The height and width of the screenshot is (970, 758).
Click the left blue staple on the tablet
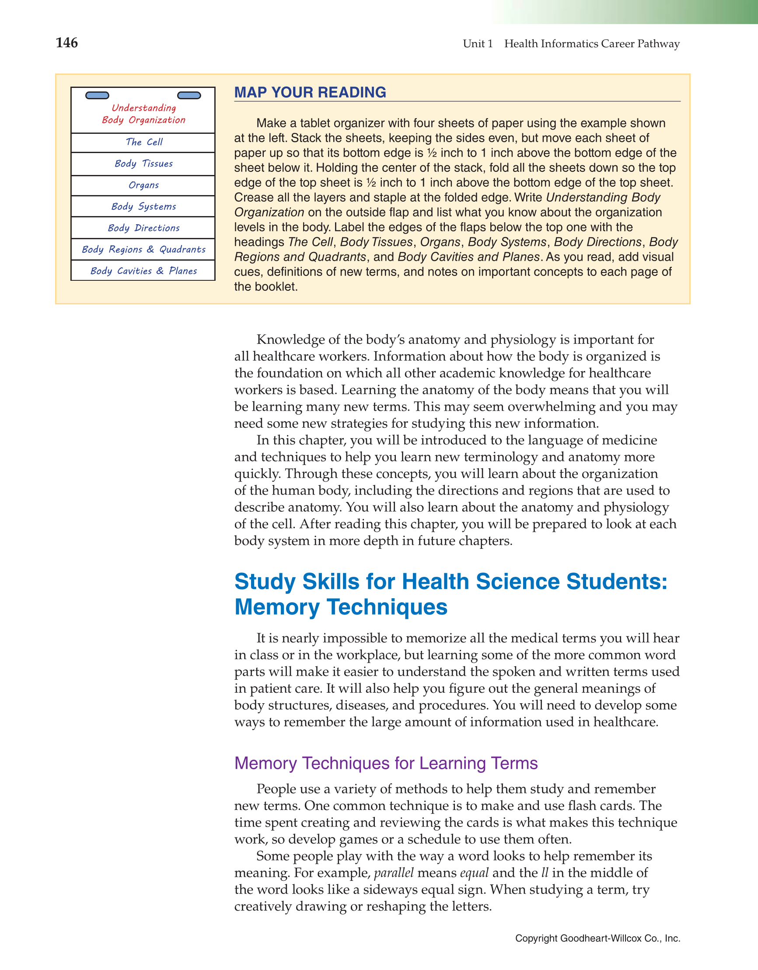coord(97,95)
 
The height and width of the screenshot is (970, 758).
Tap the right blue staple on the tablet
coord(189,95)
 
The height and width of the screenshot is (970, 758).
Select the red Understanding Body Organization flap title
coord(143,114)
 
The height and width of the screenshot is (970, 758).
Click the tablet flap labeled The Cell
coord(143,142)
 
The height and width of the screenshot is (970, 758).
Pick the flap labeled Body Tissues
coord(143,164)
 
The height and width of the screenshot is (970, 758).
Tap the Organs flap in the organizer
coord(143,185)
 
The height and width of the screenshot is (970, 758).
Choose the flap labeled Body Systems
coord(143,206)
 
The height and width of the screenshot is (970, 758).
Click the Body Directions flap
coord(143,228)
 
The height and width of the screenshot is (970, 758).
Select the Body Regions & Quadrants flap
coord(143,249)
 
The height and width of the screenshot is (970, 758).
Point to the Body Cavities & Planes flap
coord(143,270)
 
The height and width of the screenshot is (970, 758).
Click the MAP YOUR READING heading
coord(310,92)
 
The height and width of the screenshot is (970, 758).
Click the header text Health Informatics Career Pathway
coord(591,44)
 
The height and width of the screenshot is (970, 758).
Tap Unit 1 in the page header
coord(478,44)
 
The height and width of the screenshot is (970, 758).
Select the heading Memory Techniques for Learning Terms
coord(386,763)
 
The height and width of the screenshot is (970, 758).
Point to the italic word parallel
coord(394,873)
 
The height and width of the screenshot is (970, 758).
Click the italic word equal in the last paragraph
coord(474,873)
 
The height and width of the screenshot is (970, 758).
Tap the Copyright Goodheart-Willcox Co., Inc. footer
coord(597,938)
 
